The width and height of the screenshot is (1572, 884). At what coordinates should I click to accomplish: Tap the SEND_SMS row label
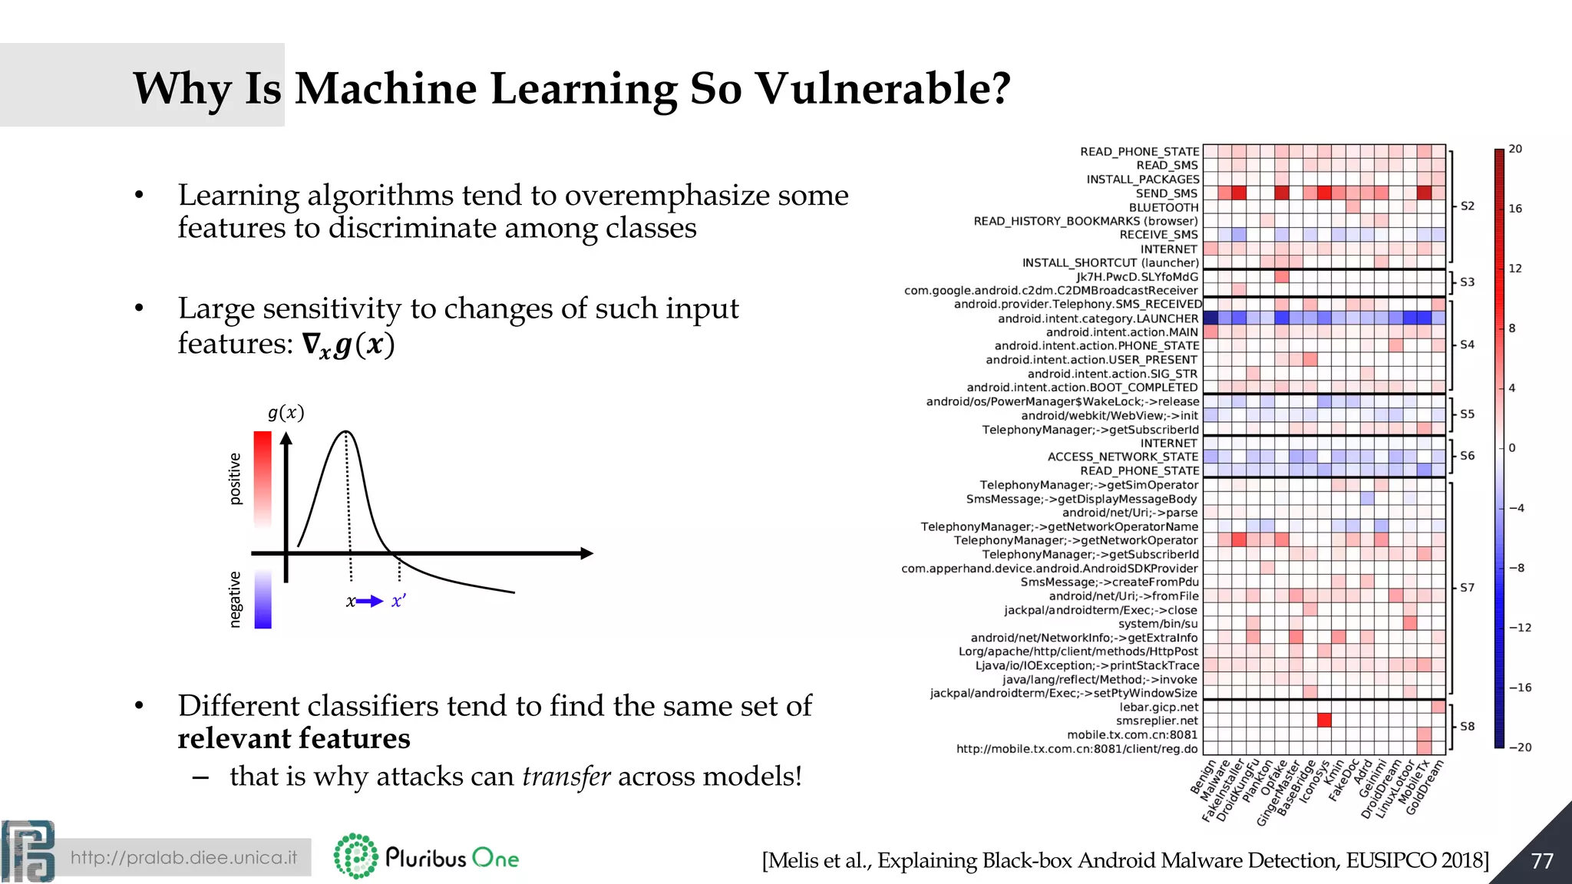click(1167, 193)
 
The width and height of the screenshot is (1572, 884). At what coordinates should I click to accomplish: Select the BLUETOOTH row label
click(1164, 207)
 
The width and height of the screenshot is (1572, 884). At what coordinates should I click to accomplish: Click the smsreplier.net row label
click(1157, 721)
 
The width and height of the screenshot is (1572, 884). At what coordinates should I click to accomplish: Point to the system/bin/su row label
click(1158, 624)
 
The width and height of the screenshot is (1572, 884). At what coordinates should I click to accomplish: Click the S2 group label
click(1467, 206)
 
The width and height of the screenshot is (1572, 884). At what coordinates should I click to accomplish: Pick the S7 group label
click(1467, 588)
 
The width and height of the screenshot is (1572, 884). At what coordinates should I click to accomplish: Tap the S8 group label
click(1467, 726)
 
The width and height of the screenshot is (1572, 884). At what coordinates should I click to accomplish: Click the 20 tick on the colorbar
click(1515, 149)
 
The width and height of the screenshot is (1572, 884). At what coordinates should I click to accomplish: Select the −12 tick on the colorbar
click(1520, 628)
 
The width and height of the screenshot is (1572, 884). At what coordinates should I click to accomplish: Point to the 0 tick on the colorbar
click(1512, 448)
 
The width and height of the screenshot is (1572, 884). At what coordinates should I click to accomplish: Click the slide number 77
click(1542, 861)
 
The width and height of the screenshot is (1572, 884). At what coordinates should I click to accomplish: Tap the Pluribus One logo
click(427, 856)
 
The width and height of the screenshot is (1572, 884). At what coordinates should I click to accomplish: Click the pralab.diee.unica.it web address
click(183, 857)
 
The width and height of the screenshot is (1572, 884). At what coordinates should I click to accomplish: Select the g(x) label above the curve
click(286, 413)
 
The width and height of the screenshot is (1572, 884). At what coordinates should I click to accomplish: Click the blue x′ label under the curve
click(398, 602)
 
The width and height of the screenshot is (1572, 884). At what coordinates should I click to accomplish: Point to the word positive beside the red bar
click(236, 479)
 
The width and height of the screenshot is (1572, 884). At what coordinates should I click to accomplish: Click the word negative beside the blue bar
click(236, 599)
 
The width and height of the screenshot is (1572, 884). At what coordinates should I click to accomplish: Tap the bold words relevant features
click(294, 738)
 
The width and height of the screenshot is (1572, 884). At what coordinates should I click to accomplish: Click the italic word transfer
click(566, 777)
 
